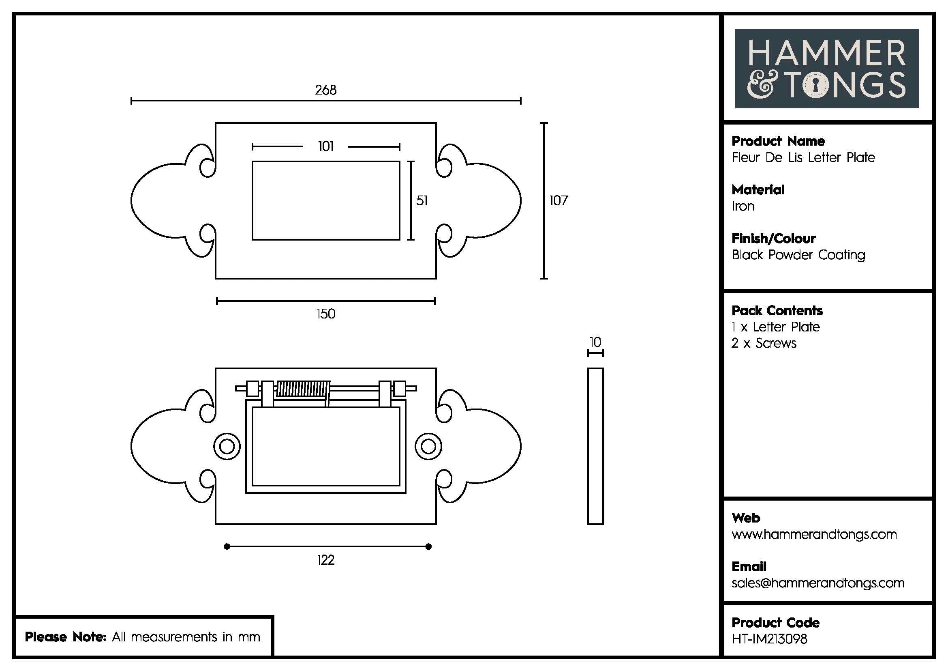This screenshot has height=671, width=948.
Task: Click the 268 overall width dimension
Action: point(326,90)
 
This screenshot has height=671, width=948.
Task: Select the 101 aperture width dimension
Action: point(326,146)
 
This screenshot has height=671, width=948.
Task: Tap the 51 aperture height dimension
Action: point(422,201)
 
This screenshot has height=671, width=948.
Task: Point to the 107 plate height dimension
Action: point(558,201)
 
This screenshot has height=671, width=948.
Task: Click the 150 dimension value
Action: point(326,314)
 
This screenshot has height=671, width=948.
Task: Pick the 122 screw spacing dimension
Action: point(326,560)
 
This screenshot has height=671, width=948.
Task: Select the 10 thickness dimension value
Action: point(595,342)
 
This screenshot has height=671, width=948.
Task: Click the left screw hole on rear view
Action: point(227,447)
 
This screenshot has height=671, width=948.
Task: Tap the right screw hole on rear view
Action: point(428,447)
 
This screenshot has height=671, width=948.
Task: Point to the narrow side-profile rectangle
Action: point(595,446)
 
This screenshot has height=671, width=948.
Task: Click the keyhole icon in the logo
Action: point(816,86)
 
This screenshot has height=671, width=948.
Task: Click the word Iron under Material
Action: point(743,206)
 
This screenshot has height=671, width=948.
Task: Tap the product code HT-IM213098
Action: point(769,639)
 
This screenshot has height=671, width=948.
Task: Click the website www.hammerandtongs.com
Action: point(814,534)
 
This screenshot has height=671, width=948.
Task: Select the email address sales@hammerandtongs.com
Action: point(818,583)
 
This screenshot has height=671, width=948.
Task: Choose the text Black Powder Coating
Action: point(798,255)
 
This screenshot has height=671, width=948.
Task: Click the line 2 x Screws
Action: point(764,343)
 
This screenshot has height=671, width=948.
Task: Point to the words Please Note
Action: point(66,637)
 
